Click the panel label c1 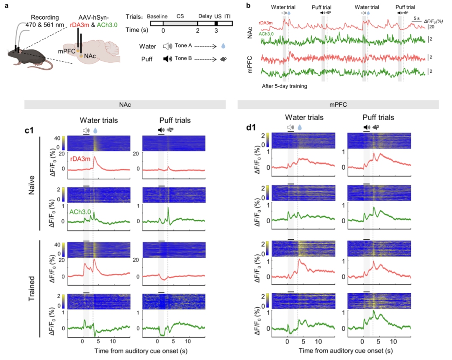29,130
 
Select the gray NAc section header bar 125,105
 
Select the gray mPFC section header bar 338,105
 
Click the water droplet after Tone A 223,46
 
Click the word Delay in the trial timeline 205,15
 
